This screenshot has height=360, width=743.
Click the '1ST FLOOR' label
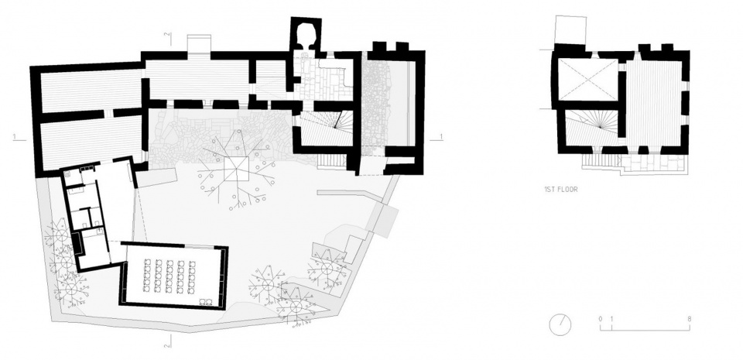coord(560,190)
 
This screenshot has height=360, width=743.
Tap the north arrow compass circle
coord(560,325)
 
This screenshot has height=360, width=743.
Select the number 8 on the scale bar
coord(690,319)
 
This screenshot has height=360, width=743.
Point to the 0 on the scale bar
coord(601,319)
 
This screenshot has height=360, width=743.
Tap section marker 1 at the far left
coord(15,137)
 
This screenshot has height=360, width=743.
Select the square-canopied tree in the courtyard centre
coord(235,168)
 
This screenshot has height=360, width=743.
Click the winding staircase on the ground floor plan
coord(327,128)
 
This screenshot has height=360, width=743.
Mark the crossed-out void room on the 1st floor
coord(587,80)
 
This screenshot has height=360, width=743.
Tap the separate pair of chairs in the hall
coord(206,300)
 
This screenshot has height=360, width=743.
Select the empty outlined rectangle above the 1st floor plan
coord(570,29)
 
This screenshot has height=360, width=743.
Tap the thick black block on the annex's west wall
coord(75,243)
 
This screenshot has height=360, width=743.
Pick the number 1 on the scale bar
coord(611,319)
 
